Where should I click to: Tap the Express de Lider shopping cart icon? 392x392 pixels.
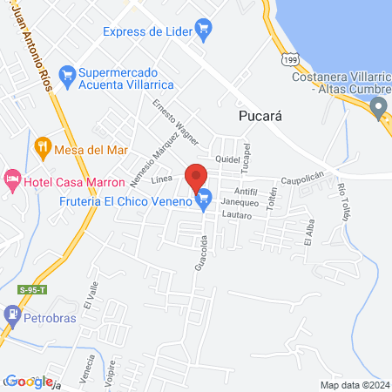tap(205, 31)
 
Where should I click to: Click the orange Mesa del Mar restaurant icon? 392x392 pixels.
tap(40, 148)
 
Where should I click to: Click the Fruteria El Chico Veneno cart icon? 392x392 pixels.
tap(205, 200)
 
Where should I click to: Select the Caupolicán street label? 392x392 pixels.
tap(301, 181)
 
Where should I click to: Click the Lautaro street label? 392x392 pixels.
tap(236, 213)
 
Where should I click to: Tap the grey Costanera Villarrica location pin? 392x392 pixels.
tap(378, 107)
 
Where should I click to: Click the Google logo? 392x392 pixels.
tap(28, 381)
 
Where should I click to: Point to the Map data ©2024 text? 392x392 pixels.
tap(355, 385)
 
